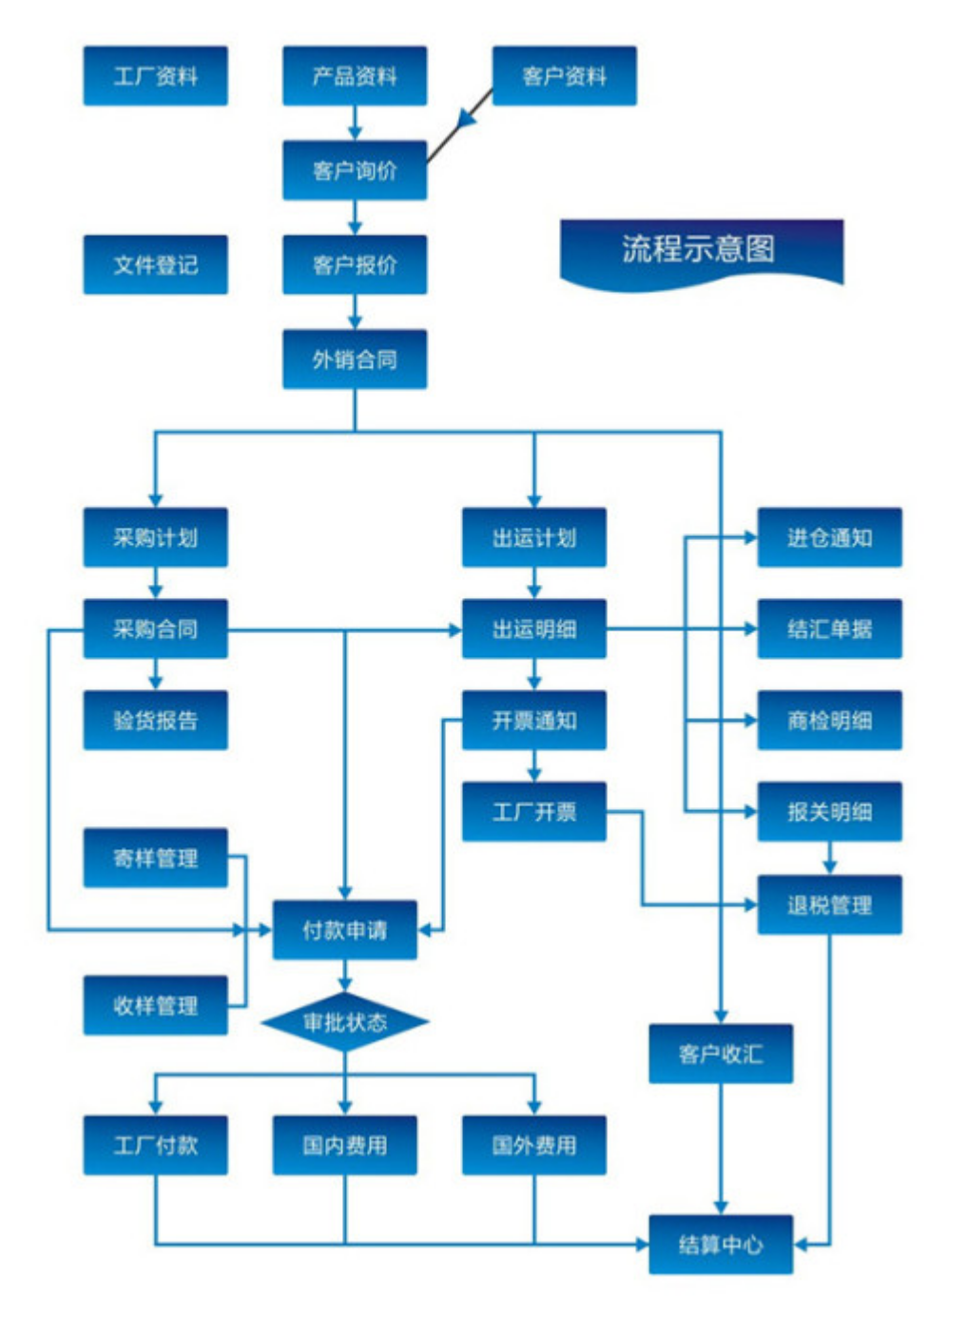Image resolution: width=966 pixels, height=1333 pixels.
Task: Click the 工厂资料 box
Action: (x=155, y=76)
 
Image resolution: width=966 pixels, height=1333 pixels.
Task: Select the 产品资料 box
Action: (x=355, y=76)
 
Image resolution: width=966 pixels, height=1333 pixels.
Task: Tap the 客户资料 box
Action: (x=564, y=76)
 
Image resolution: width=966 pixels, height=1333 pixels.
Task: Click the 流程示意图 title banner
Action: (x=700, y=250)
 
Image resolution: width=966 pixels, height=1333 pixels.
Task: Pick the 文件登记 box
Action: (x=155, y=264)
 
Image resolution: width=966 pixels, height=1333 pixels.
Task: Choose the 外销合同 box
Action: (x=355, y=359)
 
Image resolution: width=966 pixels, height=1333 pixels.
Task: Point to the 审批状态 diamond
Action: (x=345, y=1022)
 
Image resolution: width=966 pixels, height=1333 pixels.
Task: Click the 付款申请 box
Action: (x=345, y=930)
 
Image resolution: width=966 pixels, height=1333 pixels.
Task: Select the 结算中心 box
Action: (x=721, y=1244)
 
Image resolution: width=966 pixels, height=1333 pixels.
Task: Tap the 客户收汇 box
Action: (x=721, y=1053)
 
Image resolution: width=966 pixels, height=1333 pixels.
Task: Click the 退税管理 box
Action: (x=829, y=905)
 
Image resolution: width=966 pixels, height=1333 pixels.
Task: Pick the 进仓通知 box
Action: (x=829, y=538)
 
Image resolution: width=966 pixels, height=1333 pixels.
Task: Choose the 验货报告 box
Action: (x=155, y=720)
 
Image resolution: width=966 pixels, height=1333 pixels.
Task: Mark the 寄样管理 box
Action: (x=155, y=858)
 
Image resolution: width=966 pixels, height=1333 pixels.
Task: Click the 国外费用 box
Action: (x=534, y=1145)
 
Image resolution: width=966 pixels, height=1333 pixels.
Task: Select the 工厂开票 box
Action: (x=534, y=812)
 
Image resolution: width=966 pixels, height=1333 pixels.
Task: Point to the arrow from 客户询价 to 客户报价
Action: (x=355, y=219)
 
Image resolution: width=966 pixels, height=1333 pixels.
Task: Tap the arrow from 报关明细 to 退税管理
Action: (x=829, y=860)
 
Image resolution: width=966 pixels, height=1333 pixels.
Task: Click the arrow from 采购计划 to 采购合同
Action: (x=156, y=584)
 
